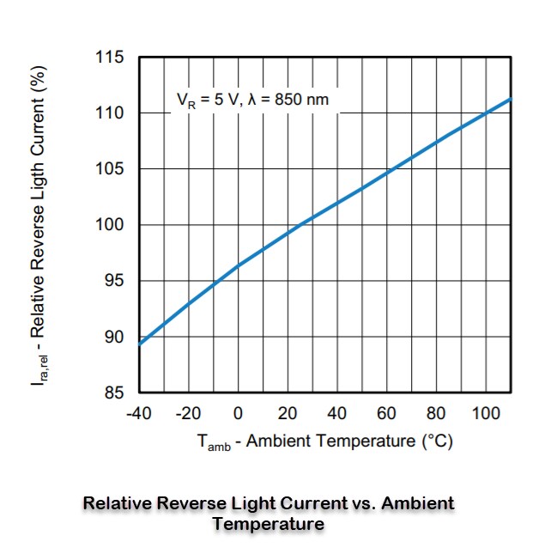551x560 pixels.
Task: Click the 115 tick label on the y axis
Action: click(112, 58)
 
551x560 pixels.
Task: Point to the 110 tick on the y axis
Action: click(112, 113)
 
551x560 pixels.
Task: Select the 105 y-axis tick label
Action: click(112, 169)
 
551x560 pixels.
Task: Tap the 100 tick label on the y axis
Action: click(112, 225)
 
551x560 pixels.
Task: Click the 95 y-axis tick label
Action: click(116, 281)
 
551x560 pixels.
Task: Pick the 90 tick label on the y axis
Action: click(116, 337)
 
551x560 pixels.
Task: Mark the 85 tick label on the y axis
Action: click(116, 393)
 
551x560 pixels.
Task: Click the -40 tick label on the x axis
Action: click(138, 414)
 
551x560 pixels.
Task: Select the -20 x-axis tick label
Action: click(188, 414)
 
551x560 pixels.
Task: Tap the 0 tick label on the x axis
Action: click(239, 414)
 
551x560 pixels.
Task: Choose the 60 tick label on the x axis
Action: click(387, 414)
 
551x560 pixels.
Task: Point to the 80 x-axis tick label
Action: click(437, 414)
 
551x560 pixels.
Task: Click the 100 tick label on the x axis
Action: click(486, 414)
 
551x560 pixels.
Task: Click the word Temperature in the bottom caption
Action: click(269, 523)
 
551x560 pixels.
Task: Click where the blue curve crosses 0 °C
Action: click(239, 265)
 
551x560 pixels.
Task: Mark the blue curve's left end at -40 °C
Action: click(139, 344)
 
